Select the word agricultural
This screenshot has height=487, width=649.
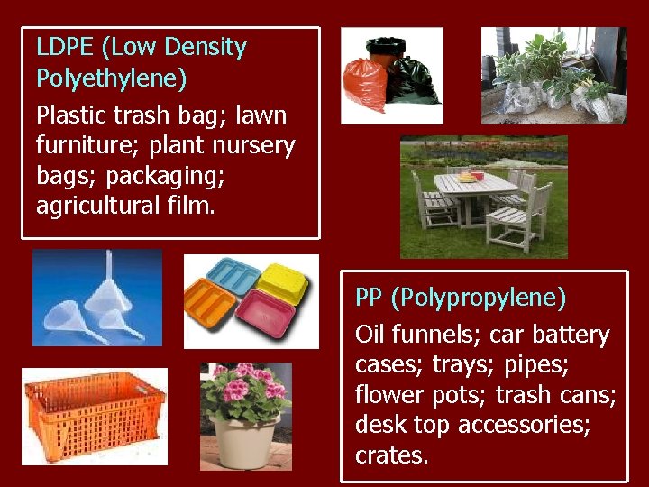(x=96, y=205)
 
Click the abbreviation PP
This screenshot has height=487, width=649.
(x=370, y=297)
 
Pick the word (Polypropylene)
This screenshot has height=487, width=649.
(x=478, y=298)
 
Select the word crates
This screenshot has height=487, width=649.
(x=391, y=455)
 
